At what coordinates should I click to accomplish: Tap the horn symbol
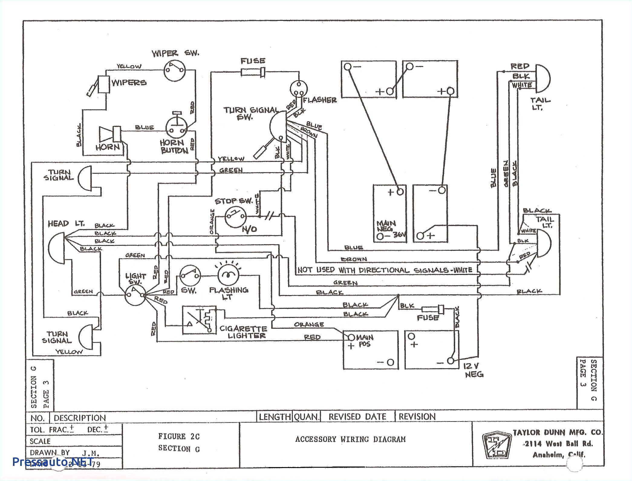pos(110,134)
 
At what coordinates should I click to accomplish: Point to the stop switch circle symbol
pos(235,216)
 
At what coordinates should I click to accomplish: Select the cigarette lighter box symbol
pos(199,320)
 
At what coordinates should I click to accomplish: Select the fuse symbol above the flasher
pos(253,73)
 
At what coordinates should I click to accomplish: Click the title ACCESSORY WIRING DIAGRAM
pos(350,439)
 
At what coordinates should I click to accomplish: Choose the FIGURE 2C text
pos(179,436)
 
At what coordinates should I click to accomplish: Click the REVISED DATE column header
pos(357,417)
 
